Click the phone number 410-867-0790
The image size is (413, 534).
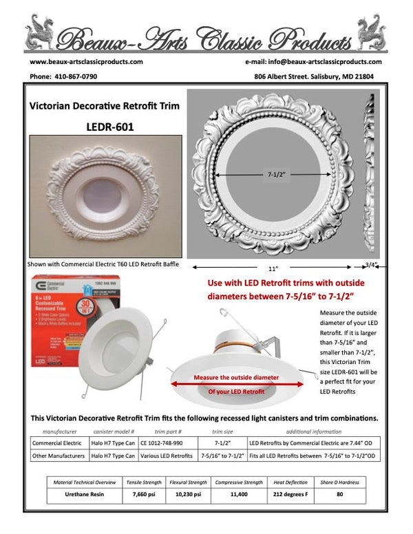pos(76,76)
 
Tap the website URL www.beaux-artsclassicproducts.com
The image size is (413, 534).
pos(86,61)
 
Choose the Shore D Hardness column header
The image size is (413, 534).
pos(340,482)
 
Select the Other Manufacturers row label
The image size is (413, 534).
pos(58,456)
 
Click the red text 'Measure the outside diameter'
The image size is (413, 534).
pos(236,378)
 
